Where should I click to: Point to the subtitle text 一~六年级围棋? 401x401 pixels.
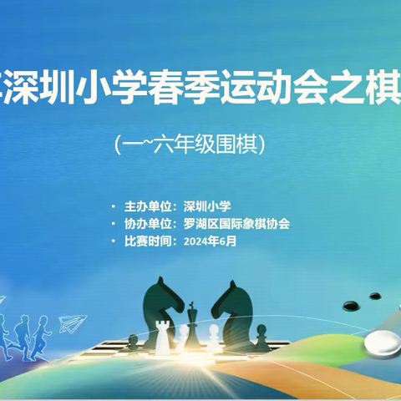click(x=200, y=144)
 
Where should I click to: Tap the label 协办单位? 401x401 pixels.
click(x=145, y=223)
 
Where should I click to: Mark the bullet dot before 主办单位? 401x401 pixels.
click(x=114, y=205)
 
